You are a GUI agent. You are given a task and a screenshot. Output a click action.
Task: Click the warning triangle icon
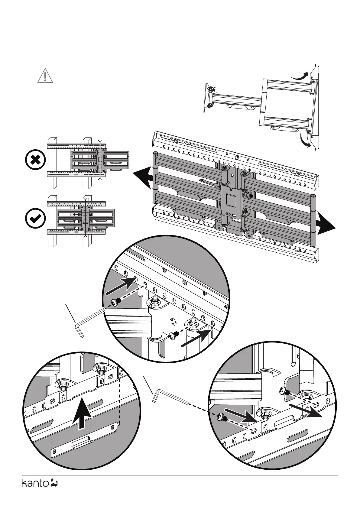click(x=45, y=76)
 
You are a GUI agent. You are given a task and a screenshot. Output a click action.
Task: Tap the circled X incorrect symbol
click(x=35, y=160)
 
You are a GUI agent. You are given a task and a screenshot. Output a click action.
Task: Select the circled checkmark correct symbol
click(x=35, y=218)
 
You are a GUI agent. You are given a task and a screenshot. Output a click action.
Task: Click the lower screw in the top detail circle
click(x=173, y=336)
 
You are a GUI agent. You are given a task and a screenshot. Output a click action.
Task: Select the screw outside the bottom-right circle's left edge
click(x=222, y=418)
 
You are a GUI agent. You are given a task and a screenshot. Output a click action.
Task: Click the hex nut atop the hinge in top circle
click(x=155, y=300)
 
